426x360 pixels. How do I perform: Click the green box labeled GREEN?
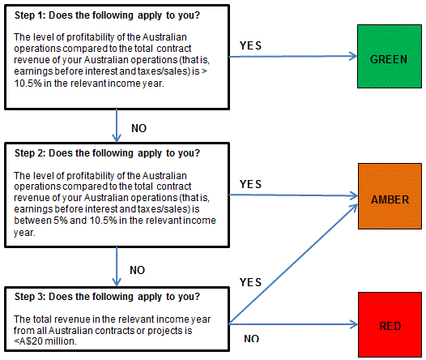[390, 56]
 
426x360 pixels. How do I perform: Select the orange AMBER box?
[390, 196]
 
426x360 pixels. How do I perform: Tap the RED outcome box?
[390, 324]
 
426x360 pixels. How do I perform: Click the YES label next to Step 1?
[250, 45]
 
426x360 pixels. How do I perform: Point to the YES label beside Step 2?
[250, 184]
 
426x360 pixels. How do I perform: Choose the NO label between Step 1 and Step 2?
[138, 128]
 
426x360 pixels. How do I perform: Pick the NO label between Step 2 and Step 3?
[137, 270]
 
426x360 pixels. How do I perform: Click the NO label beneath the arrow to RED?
[251, 339]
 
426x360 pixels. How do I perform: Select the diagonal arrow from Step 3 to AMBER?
[293, 264]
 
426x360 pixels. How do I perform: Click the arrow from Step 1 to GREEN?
[293, 56]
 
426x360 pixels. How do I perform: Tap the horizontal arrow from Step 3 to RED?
[293, 324]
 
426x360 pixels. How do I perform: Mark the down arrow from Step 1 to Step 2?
[117, 126]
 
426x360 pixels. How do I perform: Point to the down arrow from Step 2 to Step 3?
[117, 267]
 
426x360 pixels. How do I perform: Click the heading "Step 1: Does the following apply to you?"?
[107, 15]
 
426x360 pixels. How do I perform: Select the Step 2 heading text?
[107, 153]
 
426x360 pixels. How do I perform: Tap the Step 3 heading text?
[107, 297]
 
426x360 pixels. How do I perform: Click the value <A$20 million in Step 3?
[45, 341]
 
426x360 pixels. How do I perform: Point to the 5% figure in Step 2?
[60, 221]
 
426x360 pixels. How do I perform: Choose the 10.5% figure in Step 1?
[28, 84]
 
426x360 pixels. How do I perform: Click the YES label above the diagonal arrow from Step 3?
[250, 282]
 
